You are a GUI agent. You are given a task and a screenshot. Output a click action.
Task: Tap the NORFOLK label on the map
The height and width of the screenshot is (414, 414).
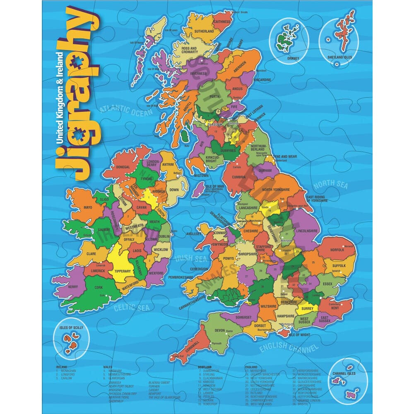coord(337,250)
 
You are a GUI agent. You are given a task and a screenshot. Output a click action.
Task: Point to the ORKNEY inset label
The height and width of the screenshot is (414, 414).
coord(293,59)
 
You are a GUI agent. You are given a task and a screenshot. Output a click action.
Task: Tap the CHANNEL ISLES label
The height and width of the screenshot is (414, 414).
coord(344,373)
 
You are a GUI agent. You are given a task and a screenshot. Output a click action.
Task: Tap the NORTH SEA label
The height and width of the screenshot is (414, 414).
coord(330,185)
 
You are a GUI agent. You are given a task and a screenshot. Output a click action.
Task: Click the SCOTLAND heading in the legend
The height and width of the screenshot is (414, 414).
coord(205,367)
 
